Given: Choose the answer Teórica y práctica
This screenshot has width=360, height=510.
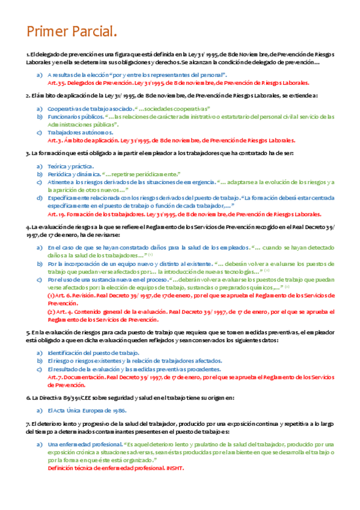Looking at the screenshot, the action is (70, 166).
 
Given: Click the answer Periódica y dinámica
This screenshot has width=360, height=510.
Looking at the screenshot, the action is (73, 174).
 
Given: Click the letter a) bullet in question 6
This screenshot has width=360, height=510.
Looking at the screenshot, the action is (40, 410).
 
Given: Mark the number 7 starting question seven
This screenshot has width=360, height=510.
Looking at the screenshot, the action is (28, 424).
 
